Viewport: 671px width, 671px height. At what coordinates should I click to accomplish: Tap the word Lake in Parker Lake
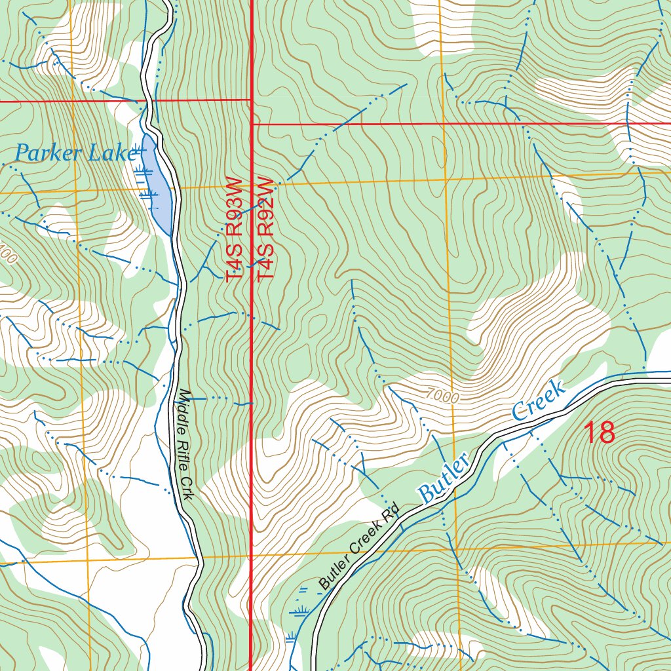pyautogui.click(x=118, y=153)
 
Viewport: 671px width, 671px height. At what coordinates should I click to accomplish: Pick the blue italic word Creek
pyautogui.click(x=539, y=400)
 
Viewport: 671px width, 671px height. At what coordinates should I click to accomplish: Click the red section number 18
pyautogui.click(x=599, y=433)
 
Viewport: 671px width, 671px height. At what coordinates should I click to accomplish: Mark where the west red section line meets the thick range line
pyautogui.click(x=252, y=100)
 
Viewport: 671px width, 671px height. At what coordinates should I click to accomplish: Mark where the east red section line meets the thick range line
pyautogui.click(x=252, y=123)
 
